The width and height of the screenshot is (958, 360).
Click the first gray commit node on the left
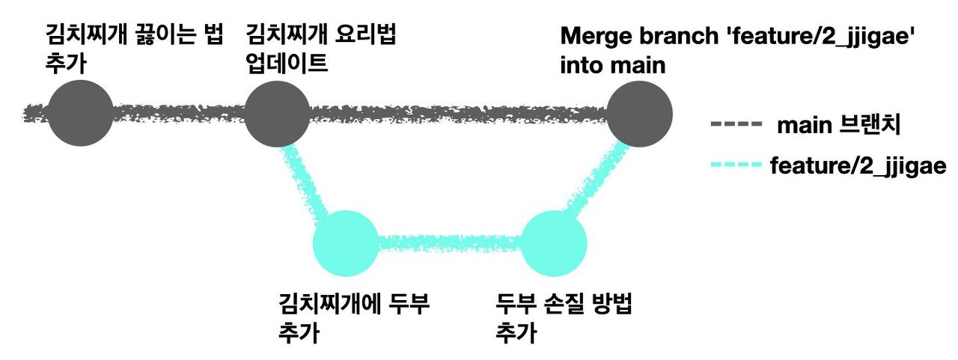[81, 113]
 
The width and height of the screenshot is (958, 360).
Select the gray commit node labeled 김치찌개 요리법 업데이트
[278, 113]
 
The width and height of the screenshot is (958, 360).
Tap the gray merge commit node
[639, 113]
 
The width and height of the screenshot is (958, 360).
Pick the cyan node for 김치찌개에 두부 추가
[346, 242]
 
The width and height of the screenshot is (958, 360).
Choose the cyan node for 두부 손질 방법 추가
[553, 242]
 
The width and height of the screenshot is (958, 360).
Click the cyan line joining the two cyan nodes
[449, 242]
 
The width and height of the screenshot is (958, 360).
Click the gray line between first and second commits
[180, 114]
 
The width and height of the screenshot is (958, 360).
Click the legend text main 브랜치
[838, 125]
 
